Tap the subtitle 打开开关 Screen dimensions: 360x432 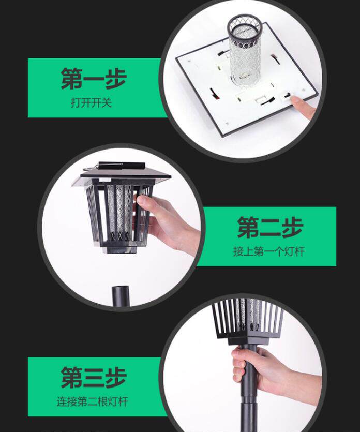(x=91, y=103)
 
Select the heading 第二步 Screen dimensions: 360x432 (x=270, y=227)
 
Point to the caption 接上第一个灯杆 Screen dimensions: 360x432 (x=269, y=251)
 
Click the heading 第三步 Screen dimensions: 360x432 (x=94, y=378)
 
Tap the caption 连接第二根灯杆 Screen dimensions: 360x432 (x=92, y=401)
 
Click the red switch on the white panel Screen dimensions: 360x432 (x=213, y=94)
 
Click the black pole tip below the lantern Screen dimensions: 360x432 (x=121, y=295)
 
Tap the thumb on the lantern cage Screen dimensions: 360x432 (x=143, y=201)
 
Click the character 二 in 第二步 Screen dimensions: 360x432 (x=270, y=228)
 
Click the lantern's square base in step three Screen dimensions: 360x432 (x=248, y=340)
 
